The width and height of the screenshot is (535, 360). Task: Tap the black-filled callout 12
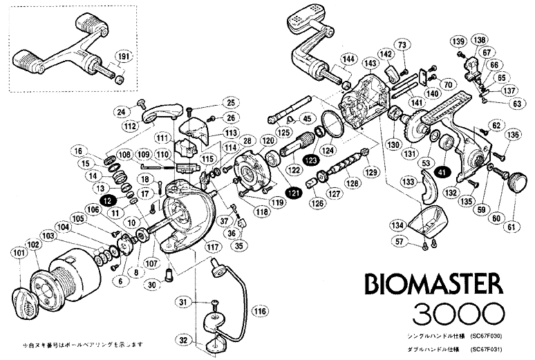(107, 200)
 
